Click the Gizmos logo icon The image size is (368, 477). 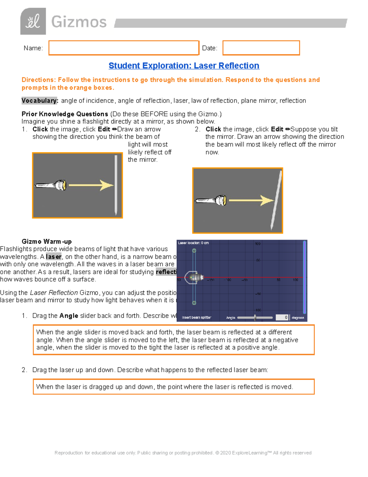point(33,21)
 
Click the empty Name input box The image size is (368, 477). point(124,48)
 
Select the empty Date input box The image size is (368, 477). point(261,48)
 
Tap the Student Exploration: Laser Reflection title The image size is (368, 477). point(184,66)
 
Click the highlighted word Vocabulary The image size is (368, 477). point(40,101)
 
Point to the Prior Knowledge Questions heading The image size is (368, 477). point(65,114)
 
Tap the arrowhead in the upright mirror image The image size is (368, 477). point(107,185)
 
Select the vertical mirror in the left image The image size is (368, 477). point(116,185)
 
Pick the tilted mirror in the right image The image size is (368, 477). point(276,200)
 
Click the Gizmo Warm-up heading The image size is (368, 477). point(47,241)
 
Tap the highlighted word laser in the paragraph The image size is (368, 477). point(54,257)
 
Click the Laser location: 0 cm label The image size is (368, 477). point(193,243)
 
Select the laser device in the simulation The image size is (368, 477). point(195,277)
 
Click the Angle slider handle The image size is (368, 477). point(255,318)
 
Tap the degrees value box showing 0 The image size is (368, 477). point(282,318)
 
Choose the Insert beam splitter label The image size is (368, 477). point(197,318)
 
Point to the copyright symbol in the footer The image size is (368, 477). point(217,453)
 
